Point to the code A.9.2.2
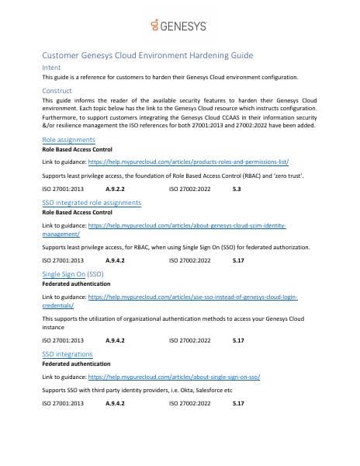coord(116,188)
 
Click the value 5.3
coord(237,188)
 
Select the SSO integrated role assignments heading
coord(92,202)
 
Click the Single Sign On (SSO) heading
coord(76,275)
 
